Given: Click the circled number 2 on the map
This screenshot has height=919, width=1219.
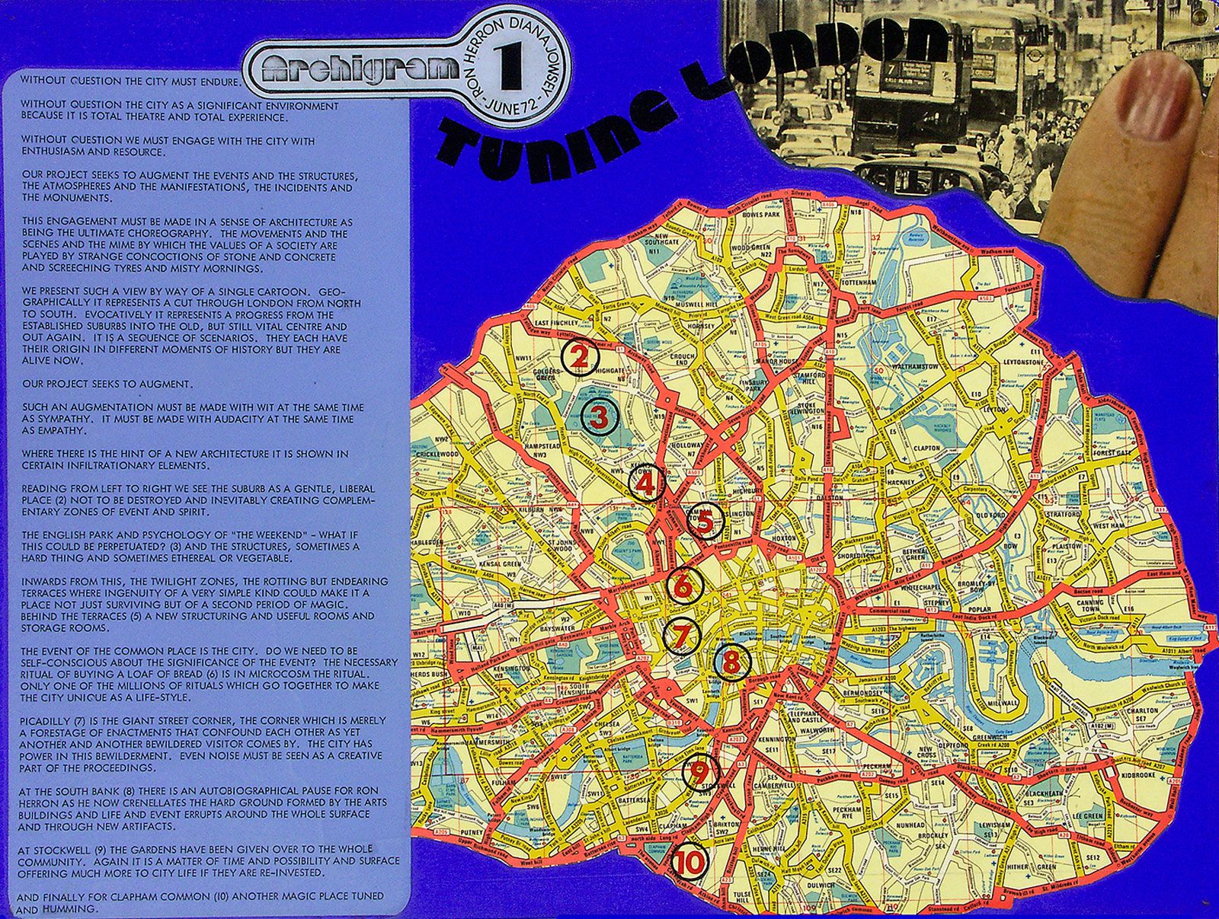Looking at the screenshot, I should click(x=581, y=356).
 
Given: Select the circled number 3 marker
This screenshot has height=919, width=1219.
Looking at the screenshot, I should click(x=599, y=416).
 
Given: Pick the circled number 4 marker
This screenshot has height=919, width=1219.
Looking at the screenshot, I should click(x=645, y=485).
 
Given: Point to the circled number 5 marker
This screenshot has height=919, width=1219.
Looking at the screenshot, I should click(x=705, y=522).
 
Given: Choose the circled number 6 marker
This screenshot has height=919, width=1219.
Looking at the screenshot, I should click(x=683, y=586).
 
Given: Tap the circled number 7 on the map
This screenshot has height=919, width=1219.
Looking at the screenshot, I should click(x=683, y=637).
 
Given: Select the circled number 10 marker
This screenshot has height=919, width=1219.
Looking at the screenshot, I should click(x=692, y=861).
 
